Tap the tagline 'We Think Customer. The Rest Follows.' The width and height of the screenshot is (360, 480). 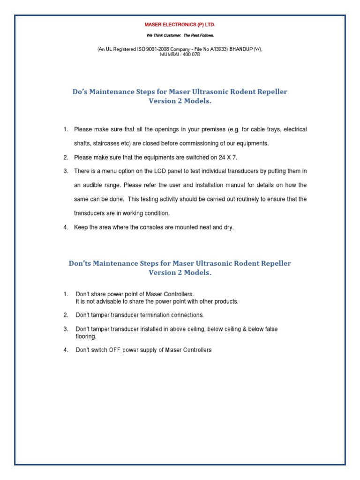coord(180,35)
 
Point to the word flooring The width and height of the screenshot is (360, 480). coord(86,336)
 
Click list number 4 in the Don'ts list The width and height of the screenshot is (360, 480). coord(66,350)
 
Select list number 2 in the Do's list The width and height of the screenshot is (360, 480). coord(66,157)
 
